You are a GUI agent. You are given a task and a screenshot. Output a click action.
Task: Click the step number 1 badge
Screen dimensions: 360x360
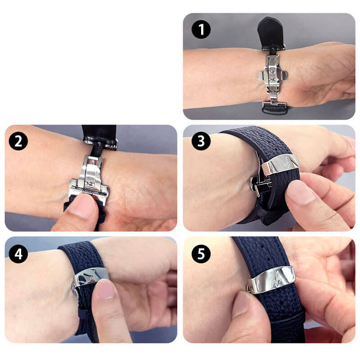[201, 29]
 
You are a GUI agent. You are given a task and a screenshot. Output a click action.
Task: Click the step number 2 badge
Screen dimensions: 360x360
[18, 141]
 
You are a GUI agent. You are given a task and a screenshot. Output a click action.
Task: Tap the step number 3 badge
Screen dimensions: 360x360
[201, 141]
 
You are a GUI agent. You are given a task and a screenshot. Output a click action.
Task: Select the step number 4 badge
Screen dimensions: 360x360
[18, 254]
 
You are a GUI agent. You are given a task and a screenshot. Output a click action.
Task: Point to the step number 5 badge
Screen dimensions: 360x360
[201, 254]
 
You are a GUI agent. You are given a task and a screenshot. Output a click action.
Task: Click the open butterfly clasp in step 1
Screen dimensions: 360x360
[273, 76]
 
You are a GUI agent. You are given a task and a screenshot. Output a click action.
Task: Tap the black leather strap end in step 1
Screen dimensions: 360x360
[271, 33]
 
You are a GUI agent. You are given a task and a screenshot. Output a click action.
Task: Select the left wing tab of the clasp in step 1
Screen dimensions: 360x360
[262, 76]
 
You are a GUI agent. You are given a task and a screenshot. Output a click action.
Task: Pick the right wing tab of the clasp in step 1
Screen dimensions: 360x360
[283, 75]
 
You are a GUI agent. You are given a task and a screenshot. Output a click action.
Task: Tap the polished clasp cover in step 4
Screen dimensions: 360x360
[91, 277]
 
